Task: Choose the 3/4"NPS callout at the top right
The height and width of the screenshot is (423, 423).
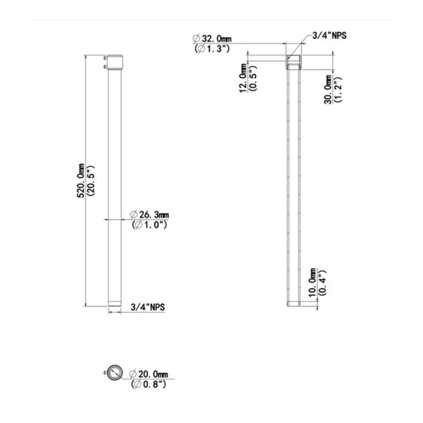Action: tap(329, 36)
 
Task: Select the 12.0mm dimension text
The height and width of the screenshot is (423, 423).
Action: tap(243, 78)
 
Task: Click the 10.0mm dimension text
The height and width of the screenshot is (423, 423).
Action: tap(312, 282)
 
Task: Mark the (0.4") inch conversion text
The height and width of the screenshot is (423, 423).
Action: tap(322, 282)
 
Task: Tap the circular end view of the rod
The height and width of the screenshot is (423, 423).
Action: tap(114, 372)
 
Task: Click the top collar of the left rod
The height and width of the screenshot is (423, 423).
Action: tap(115, 63)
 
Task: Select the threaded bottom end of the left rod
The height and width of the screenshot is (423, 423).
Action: tap(115, 306)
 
